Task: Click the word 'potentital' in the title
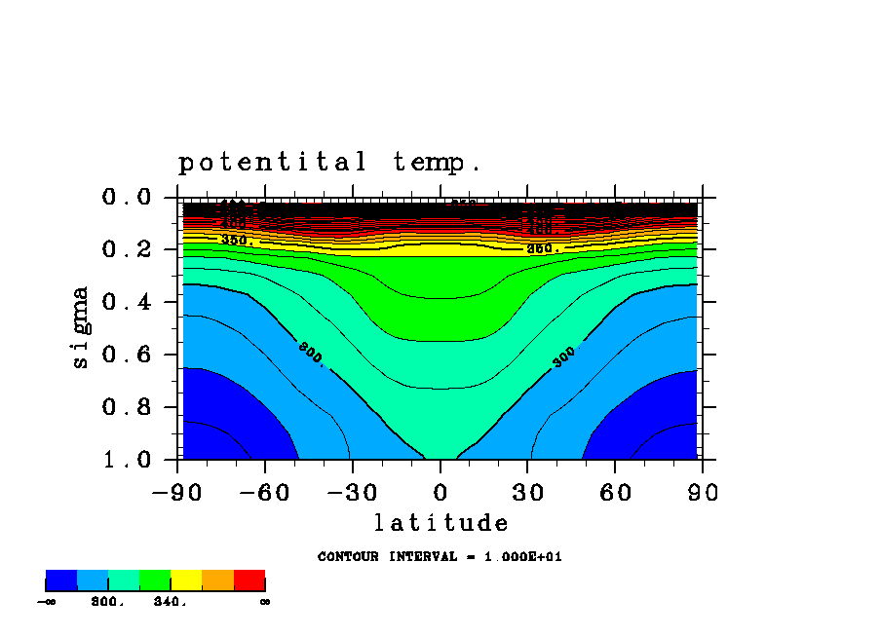272,162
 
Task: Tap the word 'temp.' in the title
438,162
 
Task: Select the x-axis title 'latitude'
441,524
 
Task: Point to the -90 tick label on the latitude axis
176,493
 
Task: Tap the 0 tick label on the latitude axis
440,493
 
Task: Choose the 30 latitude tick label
528,493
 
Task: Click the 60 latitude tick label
616,493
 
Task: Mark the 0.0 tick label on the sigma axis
126,198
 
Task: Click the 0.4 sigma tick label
126,302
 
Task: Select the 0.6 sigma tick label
126,355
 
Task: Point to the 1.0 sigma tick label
126,459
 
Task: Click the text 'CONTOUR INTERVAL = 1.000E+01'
440,557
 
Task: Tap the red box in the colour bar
249,581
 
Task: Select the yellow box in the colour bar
186,581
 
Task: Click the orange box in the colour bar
217,581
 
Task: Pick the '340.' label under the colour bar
171,602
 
